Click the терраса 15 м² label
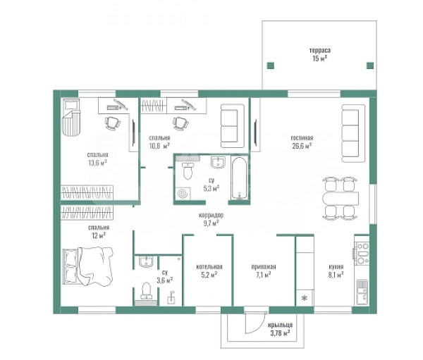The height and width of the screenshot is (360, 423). pyautogui.click(x=320, y=54)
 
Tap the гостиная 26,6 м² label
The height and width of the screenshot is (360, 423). pyautogui.click(x=302, y=142)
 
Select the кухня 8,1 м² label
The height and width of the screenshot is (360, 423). pyautogui.click(x=336, y=271)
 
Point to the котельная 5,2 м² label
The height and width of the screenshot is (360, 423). pyautogui.click(x=209, y=271)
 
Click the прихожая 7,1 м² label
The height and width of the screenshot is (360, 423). pyautogui.click(x=264, y=271)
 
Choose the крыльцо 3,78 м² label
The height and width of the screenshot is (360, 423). pyautogui.click(x=281, y=329)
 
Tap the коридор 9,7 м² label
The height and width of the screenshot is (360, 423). pyautogui.click(x=211, y=219)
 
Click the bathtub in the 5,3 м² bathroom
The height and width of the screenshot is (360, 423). pyautogui.click(x=239, y=178)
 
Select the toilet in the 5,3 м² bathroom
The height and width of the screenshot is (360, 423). pyautogui.click(x=188, y=171)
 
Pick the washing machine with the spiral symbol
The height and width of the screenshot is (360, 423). pyautogui.click(x=183, y=194)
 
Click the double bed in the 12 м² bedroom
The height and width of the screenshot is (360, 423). pyautogui.click(x=88, y=266)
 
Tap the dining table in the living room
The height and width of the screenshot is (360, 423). pyautogui.click(x=341, y=199)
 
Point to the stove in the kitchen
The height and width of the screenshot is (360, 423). pyautogui.click(x=362, y=254)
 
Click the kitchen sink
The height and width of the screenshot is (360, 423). pyautogui.click(x=362, y=292)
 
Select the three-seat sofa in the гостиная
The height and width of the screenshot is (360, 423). pyautogui.click(x=353, y=133)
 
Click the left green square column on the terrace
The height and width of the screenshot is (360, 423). pyautogui.click(x=271, y=66)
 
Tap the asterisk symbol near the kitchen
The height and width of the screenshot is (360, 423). pyautogui.click(x=305, y=298)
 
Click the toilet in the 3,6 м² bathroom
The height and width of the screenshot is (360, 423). pyautogui.click(x=146, y=291)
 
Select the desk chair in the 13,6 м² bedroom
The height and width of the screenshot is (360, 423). pyautogui.click(x=113, y=123)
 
